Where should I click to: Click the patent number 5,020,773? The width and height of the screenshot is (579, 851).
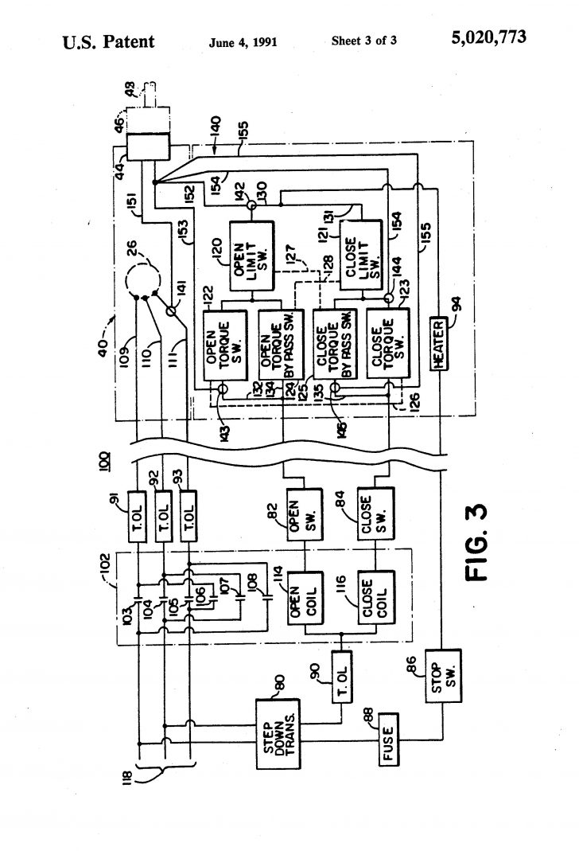coord(488,38)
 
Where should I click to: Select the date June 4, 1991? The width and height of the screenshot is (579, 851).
coord(243,41)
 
